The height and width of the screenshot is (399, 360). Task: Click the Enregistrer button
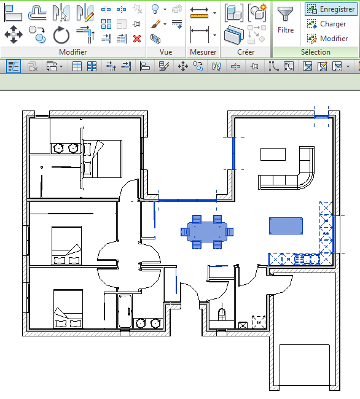click(x=331, y=9)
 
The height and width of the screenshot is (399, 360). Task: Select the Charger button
click(x=326, y=24)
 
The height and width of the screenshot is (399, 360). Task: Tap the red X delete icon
click(x=137, y=38)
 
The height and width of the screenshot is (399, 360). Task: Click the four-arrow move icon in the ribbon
click(x=14, y=34)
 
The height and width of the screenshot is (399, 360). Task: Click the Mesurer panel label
click(x=203, y=52)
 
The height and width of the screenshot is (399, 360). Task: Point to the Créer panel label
click(x=246, y=52)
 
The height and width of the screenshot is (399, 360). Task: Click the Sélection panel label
click(x=316, y=52)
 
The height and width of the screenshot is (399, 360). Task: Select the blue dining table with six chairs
click(x=207, y=231)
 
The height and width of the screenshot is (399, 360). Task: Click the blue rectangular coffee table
click(x=286, y=226)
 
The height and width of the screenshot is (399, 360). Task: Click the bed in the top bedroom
click(x=103, y=158)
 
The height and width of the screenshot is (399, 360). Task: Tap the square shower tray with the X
click(x=259, y=320)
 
